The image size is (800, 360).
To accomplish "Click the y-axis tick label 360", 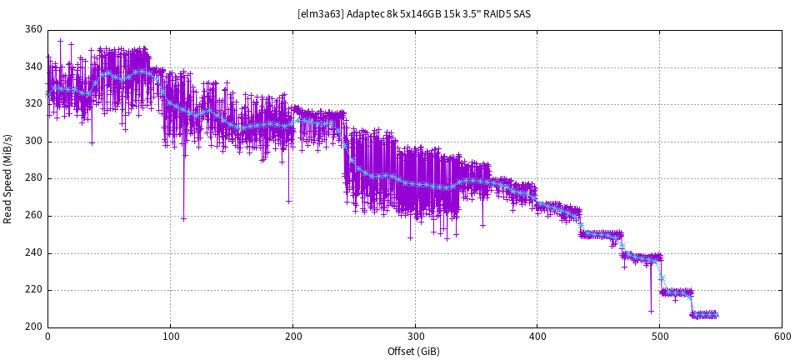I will tap(33, 30).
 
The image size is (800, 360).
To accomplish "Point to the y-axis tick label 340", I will tap(33, 67).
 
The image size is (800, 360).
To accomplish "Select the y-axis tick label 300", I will tap(33, 142).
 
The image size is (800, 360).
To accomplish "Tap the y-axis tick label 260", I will tap(33, 216).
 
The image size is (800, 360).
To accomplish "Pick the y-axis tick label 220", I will tap(33, 290).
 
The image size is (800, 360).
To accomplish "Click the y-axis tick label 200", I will tap(33, 327).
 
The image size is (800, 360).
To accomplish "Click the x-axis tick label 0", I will tap(47, 338).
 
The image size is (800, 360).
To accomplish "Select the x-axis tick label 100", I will tap(170, 338).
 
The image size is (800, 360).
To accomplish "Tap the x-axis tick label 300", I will tap(415, 338).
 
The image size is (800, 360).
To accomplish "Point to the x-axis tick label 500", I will tap(659, 338).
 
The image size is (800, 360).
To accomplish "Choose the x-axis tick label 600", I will tap(782, 338).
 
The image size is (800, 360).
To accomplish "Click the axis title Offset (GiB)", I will tap(413, 352).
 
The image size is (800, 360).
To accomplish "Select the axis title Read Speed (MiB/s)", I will tap(8, 178).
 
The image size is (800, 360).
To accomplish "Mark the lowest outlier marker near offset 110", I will tap(183, 218).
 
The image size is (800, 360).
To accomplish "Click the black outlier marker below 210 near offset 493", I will tap(651, 311).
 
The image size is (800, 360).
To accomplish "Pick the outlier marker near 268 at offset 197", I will tap(289, 201).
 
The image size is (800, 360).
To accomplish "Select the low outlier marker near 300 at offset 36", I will tap(92, 142).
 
